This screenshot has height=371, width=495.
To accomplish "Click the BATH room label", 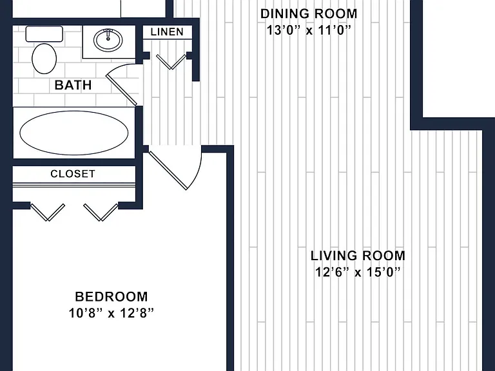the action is [73, 85].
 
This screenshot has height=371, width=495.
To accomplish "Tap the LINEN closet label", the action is [167, 32].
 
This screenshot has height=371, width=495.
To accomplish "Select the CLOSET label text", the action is [73, 174].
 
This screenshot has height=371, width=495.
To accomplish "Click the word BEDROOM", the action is [112, 296].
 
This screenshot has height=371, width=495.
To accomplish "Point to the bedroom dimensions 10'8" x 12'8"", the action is [112, 313].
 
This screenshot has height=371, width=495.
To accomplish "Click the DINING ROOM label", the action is [309, 14].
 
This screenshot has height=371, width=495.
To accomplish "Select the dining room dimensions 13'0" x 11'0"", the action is [309, 31].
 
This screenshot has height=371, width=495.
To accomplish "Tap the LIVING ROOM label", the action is [358, 256].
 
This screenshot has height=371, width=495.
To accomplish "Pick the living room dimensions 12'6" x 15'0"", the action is [358, 272].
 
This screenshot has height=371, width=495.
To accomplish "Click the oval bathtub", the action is [74, 133].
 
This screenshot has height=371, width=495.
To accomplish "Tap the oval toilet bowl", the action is [44, 59].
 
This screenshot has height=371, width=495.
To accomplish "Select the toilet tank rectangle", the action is [44, 33].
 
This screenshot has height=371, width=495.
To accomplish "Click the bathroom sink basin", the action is [108, 40].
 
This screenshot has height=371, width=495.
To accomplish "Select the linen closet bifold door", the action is [171, 62].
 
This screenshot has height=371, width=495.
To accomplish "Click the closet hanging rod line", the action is [74, 185].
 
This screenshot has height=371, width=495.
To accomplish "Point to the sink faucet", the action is [108, 34].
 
